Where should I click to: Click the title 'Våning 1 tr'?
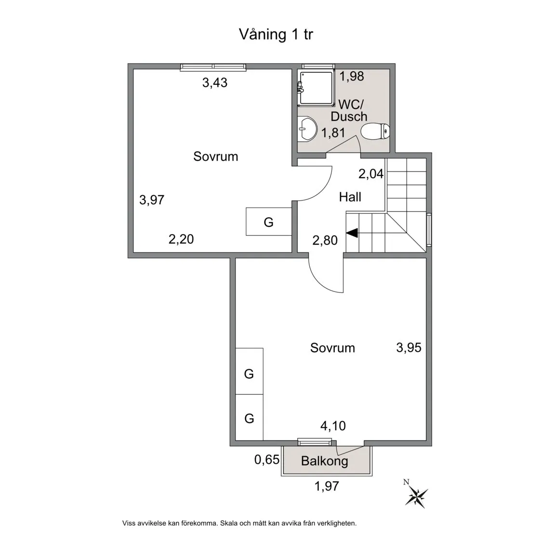(x=276, y=35)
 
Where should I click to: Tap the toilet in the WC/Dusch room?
(x=375, y=131)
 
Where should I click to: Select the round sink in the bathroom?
(x=307, y=129)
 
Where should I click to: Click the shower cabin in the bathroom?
(x=316, y=87)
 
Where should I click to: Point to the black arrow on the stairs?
(x=352, y=233)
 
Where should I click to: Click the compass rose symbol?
(x=417, y=496)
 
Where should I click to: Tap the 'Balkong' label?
(x=324, y=461)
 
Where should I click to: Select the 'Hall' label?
(x=350, y=197)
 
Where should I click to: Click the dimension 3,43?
(x=214, y=83)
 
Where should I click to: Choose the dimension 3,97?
(x=152, y=199)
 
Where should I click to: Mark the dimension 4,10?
(x=333, y=426)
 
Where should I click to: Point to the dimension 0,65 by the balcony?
(x=266, y=460)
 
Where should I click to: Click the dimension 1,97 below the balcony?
(x=327, y=486)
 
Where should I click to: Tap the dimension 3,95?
(x=409, y=347)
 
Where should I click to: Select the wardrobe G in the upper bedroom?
(x=269, y=222)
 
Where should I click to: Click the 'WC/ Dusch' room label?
(x=349, y=110)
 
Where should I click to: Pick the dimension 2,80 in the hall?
(x=325, y=240)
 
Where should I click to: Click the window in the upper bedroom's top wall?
(x=213, y=67)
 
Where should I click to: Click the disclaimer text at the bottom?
(x=239, y=523)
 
